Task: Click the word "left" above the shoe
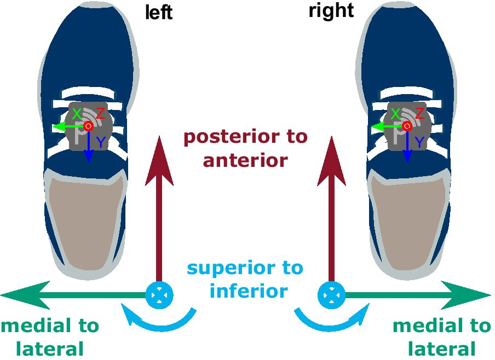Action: click(x=159, y=12)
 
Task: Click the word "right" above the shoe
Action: click(x=331, y=10)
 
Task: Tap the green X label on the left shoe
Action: click(x=77, y=114)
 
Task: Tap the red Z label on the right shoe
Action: click(x=419, y=114)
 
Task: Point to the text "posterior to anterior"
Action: click(x=245, y=148)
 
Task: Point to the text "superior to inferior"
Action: click(x=245, y=279)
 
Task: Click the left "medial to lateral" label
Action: click(x=50, y=337)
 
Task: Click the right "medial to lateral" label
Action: click(x=441, y=337)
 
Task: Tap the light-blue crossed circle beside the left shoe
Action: click(x=159, y=295)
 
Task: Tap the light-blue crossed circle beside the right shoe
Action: click(x=331, y=295)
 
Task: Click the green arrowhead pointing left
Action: click(x=22, y=295)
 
